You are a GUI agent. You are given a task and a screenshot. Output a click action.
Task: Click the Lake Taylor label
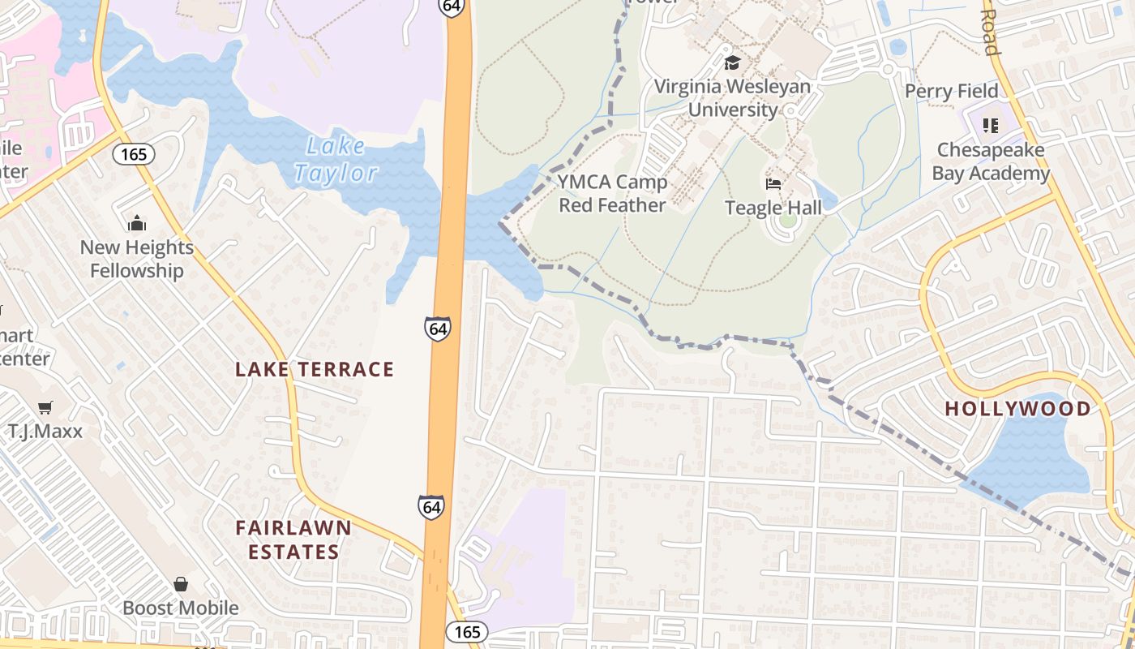coord(336,160)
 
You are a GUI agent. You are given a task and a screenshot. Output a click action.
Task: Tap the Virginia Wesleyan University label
coord(732,98)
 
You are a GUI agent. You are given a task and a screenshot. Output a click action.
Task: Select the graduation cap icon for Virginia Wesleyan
coord(732,62)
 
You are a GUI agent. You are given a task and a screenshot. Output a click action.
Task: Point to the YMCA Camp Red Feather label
coord(612,194)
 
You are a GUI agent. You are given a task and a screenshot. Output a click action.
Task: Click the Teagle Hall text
coord(773,208)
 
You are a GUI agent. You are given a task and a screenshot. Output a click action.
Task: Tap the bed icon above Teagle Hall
coord(773,184)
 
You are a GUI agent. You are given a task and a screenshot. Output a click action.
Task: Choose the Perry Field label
coord(951,91)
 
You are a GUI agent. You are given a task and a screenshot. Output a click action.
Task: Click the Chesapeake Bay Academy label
coord(991,161)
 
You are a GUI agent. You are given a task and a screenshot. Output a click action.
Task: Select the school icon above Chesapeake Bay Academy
coord(990,126)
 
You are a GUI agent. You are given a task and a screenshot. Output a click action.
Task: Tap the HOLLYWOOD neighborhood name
coord(1018,409)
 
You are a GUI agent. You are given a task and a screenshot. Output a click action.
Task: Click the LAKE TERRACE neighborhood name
coord(315,370)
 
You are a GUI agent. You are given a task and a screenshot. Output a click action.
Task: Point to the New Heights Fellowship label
coord(137,259)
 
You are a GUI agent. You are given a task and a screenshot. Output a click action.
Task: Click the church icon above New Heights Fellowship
coord(137,223)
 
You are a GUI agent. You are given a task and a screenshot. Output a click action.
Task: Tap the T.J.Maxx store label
coord(45,431)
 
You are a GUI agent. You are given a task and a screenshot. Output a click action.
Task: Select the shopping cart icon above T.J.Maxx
coord(45,407)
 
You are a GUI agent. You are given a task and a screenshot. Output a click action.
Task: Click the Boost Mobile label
coord(181,608)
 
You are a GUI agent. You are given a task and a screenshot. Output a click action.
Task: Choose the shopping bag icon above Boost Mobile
coord(181,584)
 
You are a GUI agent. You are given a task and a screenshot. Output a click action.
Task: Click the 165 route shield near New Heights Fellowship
coord(134,153)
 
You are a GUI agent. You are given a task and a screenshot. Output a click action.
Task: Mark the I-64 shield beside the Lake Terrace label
coord(437,329)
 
